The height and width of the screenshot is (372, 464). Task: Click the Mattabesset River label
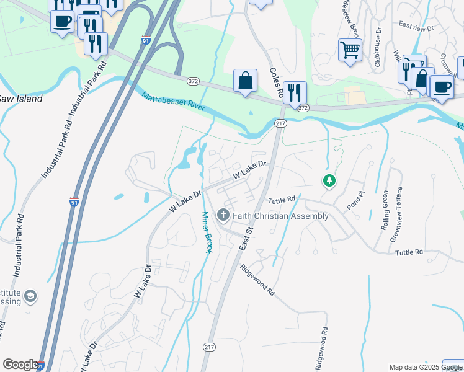(x=177, y=106)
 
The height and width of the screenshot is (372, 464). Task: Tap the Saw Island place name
(x=20, y=99)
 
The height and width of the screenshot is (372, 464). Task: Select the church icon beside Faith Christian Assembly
(x=223, y=216)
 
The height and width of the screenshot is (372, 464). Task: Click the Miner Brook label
(x=207, y=232)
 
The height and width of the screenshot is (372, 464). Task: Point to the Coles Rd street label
(x=276, y=83)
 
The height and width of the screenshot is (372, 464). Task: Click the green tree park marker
(x=329, y=181)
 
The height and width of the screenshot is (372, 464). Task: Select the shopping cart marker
(x=350, y=49)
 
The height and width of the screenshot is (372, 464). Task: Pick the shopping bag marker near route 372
(x=245, y=80)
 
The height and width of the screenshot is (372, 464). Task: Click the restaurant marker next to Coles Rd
(x=295, y=92)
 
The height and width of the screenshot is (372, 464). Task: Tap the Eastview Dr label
(x=418, y=26)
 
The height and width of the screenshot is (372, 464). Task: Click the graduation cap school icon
(x=30, y=297)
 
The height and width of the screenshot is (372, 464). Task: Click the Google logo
(x=20, y=365)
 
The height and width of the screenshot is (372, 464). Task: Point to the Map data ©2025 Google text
(x=425, y=367)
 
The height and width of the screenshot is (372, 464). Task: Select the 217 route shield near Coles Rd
(x=281, y=125)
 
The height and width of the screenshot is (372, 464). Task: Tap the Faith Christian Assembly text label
(x=281, y=216)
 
